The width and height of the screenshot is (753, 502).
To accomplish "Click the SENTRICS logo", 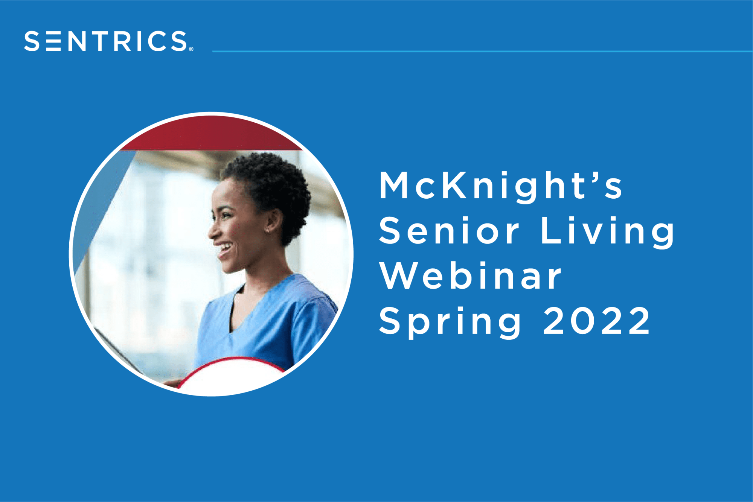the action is [109, 41].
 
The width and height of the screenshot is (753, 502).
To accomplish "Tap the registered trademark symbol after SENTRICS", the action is [191, 49].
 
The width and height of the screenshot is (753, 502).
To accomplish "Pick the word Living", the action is [607, 233].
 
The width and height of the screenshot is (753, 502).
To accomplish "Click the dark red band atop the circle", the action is [211, 134].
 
